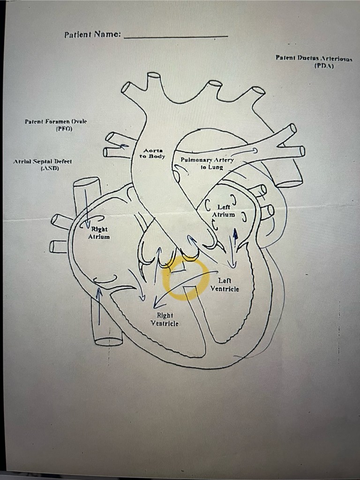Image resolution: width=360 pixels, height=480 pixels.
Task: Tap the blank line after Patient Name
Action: tap(176, 36)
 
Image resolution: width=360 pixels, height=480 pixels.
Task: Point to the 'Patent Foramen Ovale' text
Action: tap(56, 121)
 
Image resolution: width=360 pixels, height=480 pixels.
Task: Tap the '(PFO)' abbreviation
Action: tap(64, 128)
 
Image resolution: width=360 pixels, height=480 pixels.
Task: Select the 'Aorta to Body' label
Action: tap(152, 152)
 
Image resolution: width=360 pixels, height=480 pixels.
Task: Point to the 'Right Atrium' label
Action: tap(99, 233)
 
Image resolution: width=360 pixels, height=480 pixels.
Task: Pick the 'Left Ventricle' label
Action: tap(225, 285)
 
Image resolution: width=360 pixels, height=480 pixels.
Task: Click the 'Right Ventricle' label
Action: tap(165, 319)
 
